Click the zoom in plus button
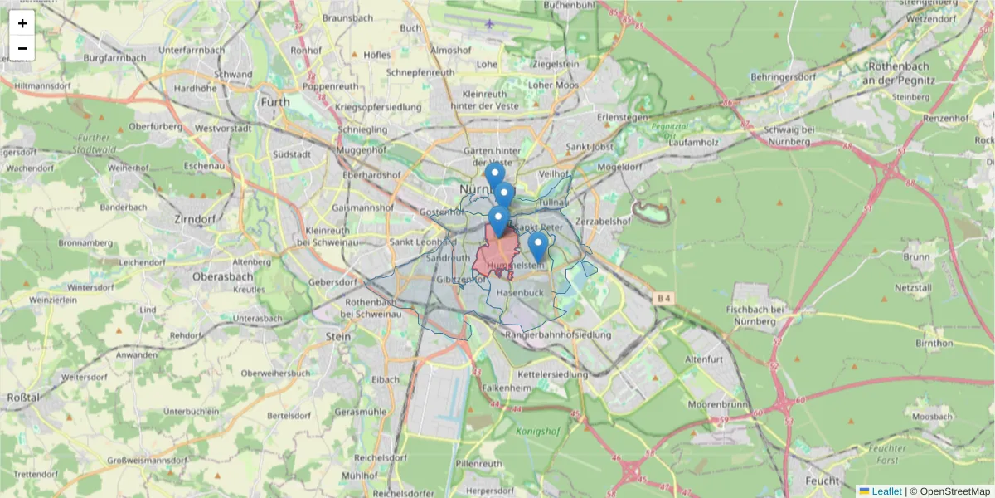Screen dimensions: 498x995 (x=22, y=23)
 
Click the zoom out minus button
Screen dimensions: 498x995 (x=22, y=48)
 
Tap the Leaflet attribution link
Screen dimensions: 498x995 (x=886, y=491)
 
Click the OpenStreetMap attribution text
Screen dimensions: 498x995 (x=954, y=491)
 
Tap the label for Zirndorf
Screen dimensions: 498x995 (x=196, y=219)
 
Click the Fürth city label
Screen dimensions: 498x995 (x=275, y=102)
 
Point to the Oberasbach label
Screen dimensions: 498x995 (x=222, y=276)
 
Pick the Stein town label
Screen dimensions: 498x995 (x=338, y=336)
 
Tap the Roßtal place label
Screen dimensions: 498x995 (x=23, y=398)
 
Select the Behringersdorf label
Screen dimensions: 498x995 (x=783, y=76)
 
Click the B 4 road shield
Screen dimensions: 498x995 (x=663, y=298)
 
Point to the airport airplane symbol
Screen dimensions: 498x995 (x=491, y=22)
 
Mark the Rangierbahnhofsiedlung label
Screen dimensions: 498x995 (x=557, y=334)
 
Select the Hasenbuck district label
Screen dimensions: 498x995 (x=520, y=293)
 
